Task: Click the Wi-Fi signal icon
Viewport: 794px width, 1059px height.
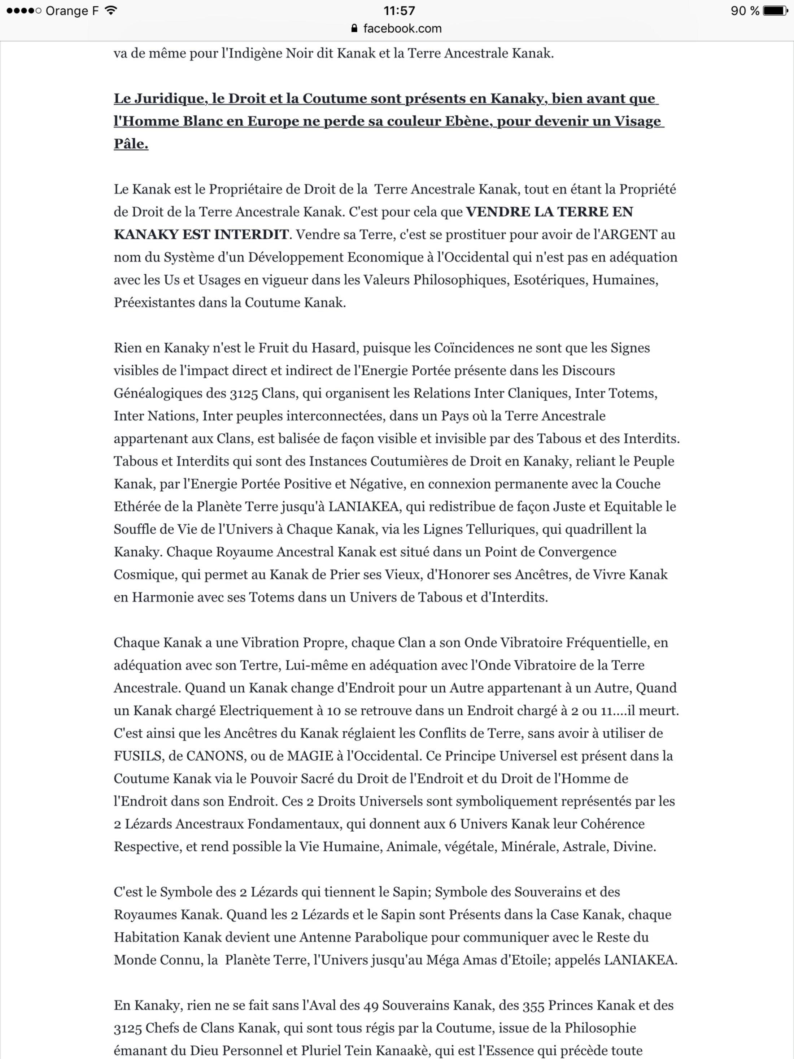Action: click(x=111, y=10)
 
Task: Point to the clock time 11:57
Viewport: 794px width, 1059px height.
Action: click(x=399, y=10)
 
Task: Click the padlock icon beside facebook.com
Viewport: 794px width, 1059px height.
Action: click(x=354, y=29)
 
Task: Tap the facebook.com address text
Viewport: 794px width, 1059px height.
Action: click(x=402, y=29)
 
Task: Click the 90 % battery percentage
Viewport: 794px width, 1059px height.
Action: click(x=745, y=10)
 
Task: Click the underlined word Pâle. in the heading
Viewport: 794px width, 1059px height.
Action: click(x=131, y=144)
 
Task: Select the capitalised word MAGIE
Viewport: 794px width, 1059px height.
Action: click(x=310, y=756)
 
